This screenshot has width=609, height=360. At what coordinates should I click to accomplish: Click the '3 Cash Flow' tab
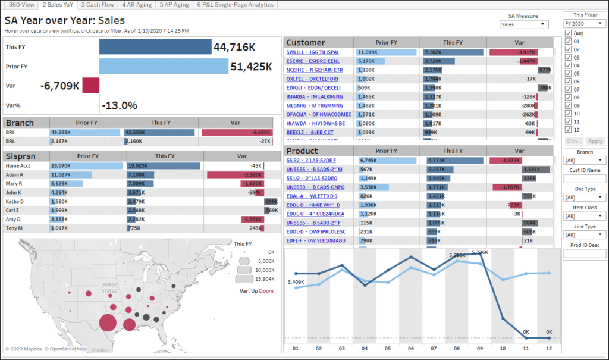[x=98, y=5]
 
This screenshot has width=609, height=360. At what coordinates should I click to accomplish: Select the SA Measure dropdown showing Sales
[x=524, y=24]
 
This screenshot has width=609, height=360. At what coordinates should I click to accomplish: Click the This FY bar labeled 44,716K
[x=155, y=47]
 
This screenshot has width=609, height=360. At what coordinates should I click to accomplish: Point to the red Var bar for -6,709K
[x=90, y=86]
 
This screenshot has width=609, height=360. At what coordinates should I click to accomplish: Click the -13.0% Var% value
[x=120, y=105]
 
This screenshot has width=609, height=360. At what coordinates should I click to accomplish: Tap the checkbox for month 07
[x=569, y=89]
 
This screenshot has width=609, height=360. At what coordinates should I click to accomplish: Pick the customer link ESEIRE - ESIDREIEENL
[x=313, y=61]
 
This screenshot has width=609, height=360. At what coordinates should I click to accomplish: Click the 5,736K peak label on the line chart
[x=480, y=252]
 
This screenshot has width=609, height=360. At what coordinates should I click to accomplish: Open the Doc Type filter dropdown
[x=585, y=197]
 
